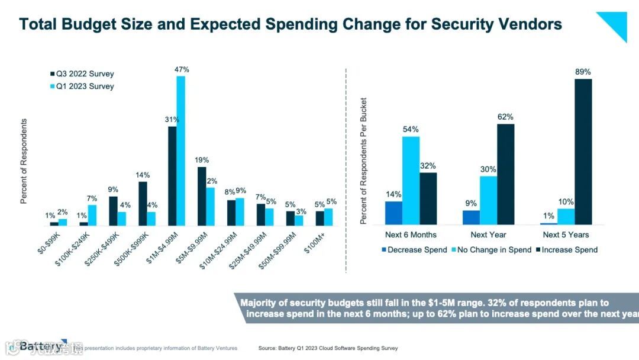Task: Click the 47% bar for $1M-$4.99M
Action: point(181,151)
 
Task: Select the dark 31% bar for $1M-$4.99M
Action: point(172,176)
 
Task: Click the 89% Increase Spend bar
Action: point(583,152)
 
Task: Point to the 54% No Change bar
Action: point(411,181)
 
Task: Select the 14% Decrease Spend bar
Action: point(393,213)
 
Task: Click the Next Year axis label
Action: point(488,235)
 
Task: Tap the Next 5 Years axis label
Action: point(566,235)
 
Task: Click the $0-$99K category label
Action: point(49,245)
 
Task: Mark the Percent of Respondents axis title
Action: point(24,161)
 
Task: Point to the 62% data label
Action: point(505,117)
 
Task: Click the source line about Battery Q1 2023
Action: point(328,348)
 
